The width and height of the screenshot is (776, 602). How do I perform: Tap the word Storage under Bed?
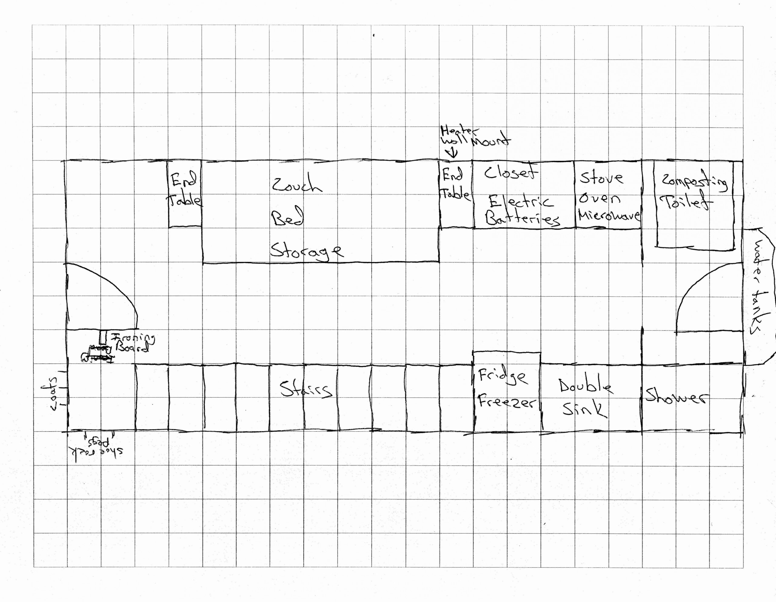[306, 251]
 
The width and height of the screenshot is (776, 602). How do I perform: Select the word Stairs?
[306, 389]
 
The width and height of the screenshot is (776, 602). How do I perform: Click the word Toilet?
[686, 203]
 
